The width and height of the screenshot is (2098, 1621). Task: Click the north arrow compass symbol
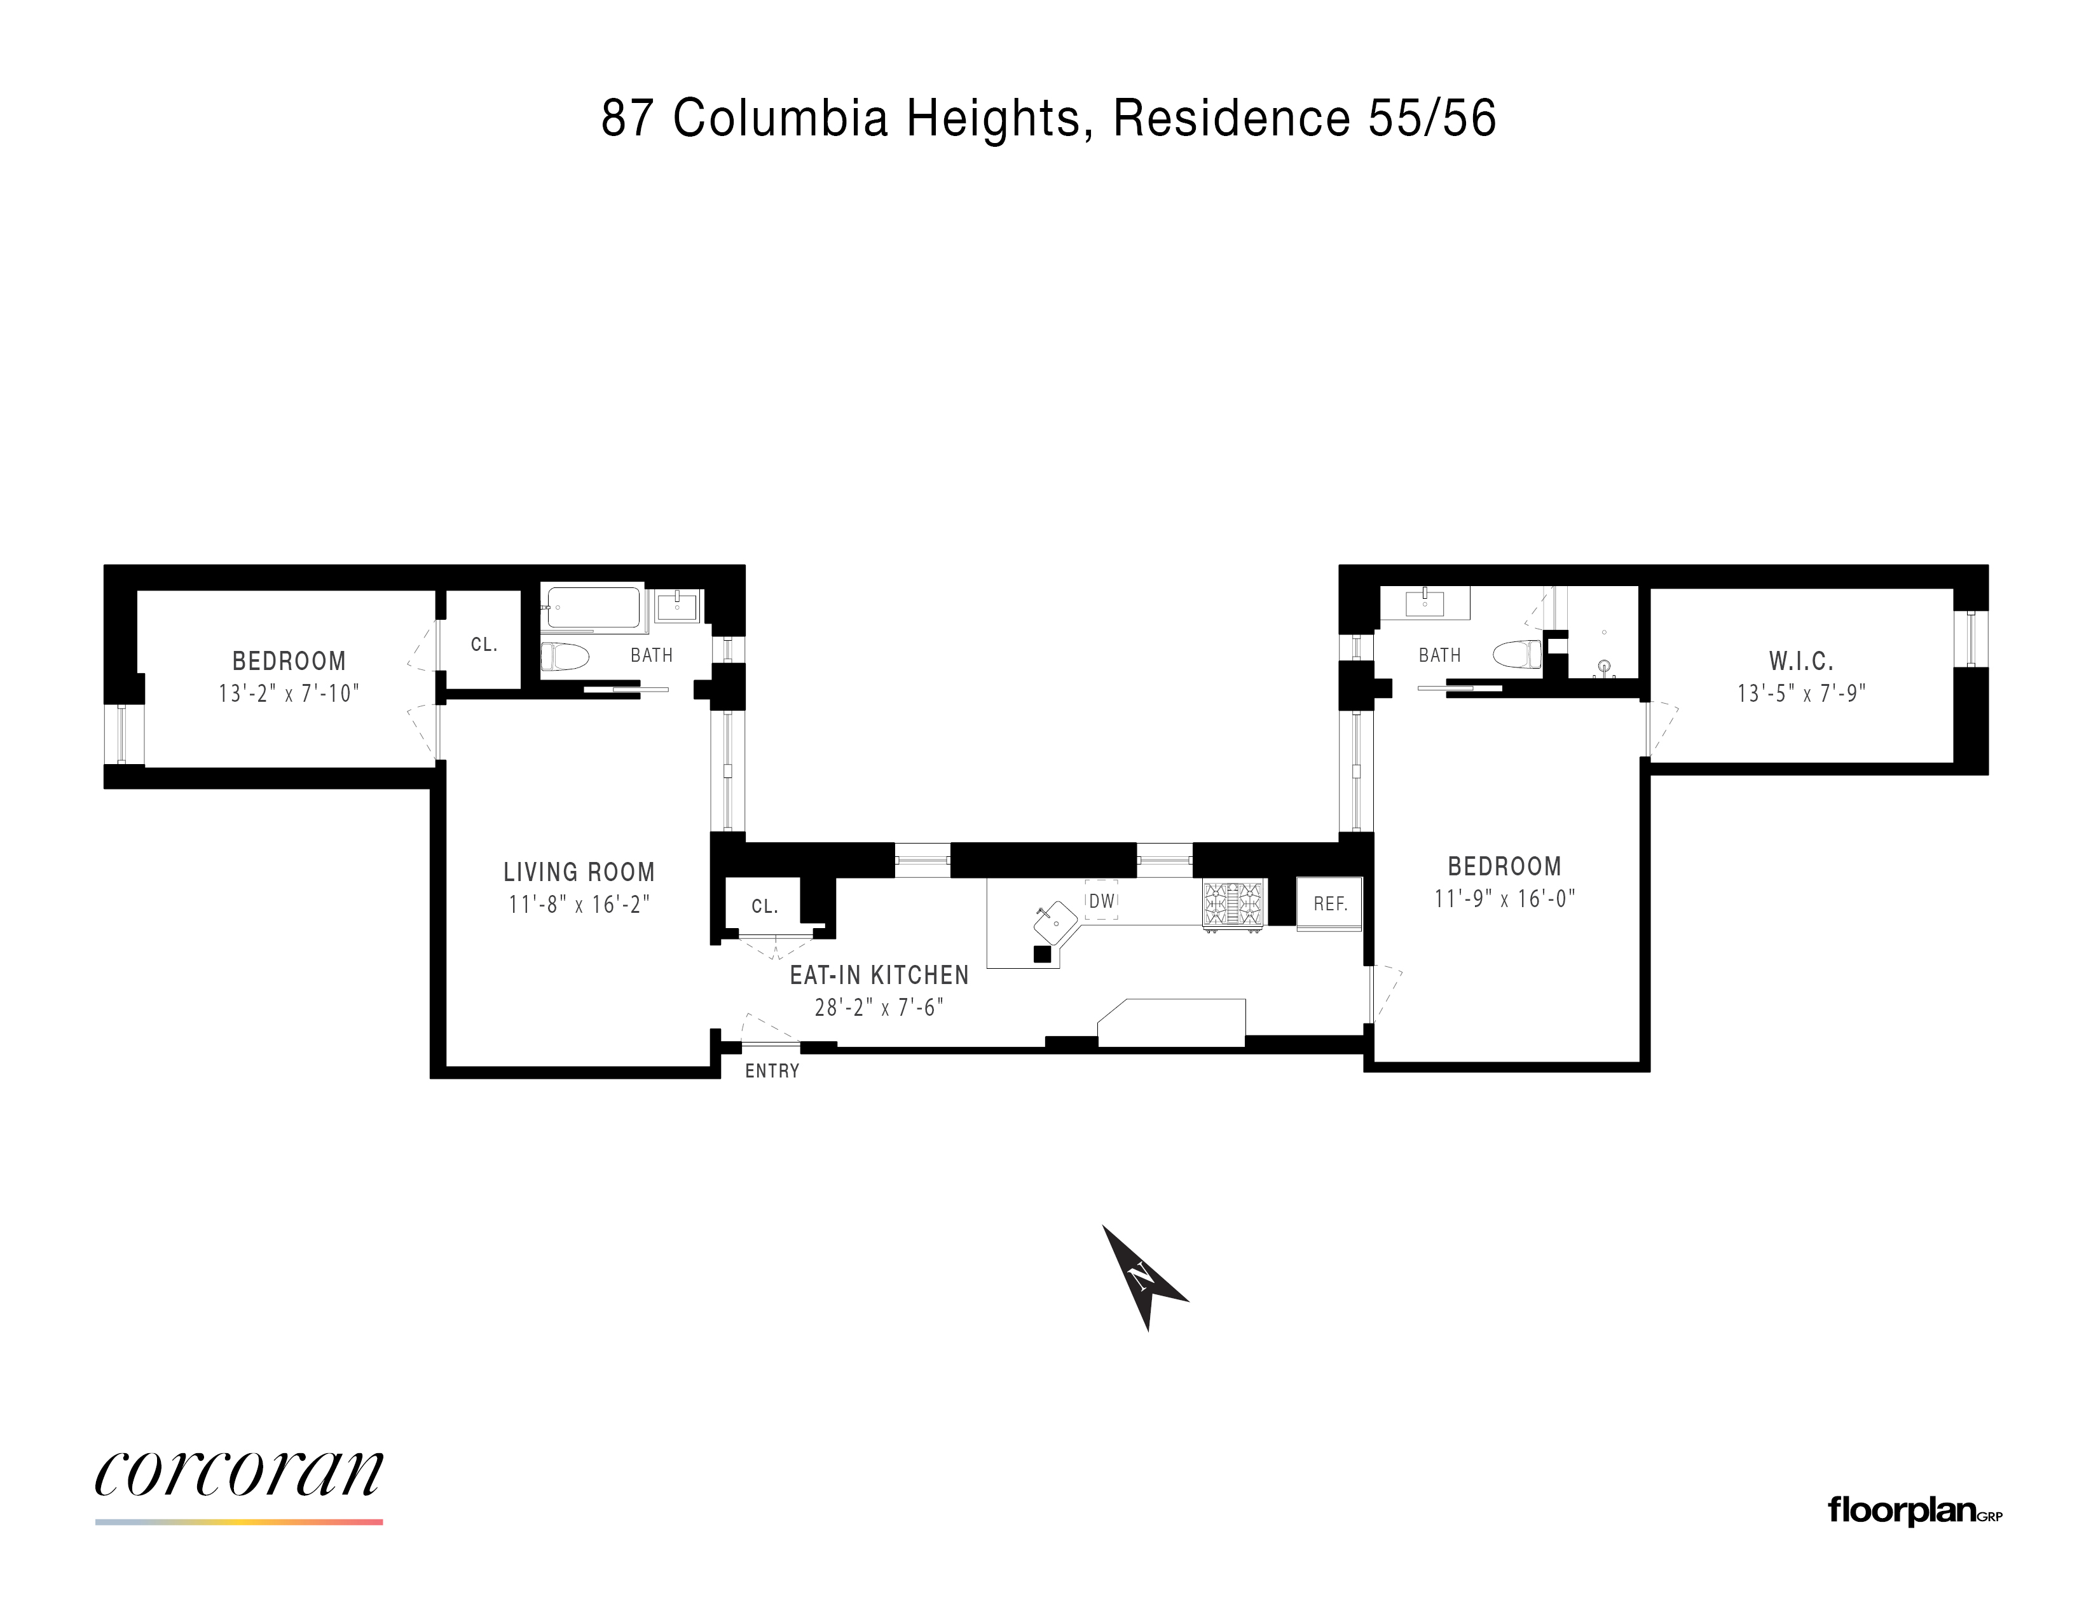point(1143,1276)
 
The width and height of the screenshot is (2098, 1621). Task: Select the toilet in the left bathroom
point(564,658)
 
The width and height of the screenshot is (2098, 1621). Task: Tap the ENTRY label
point(772,1070)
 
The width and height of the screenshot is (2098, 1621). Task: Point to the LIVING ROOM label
point(579,872)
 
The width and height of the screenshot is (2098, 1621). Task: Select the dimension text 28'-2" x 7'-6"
point(879,1008)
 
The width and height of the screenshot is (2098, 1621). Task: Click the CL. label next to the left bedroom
point(484,645)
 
